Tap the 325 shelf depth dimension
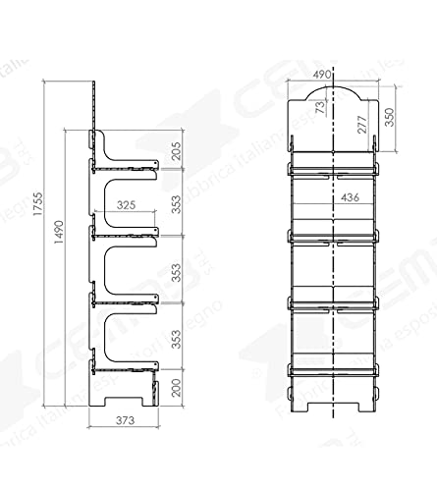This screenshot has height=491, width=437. click(x=126, y=206)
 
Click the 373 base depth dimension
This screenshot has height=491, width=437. click(x=123, y=421)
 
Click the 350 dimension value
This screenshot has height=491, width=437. click(x=391, y=117)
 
